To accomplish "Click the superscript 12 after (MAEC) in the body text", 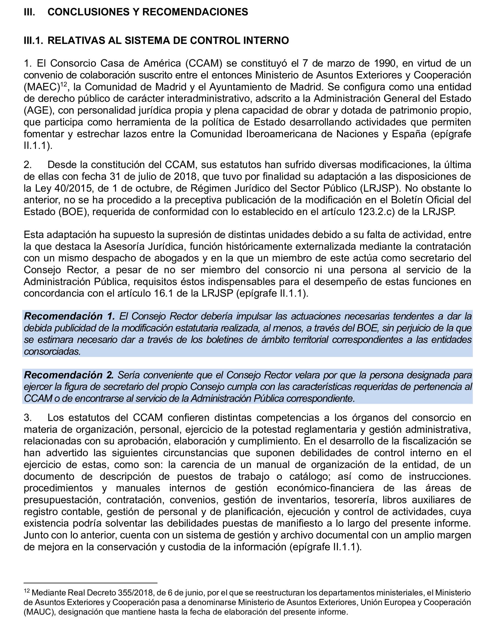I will click(64, 84).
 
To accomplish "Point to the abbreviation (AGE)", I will click(38, 111).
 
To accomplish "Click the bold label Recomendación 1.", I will click(69, 316).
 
